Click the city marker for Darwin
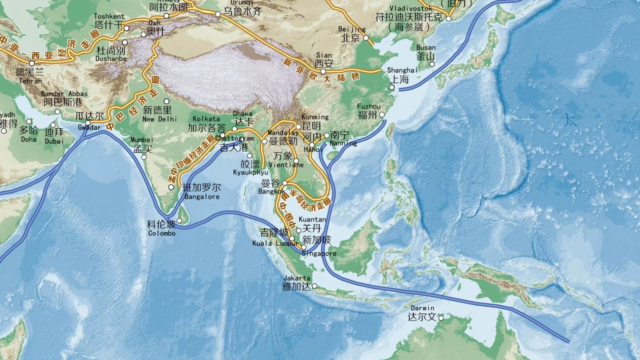[x=441, y=318]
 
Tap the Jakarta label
[x=296, y=278]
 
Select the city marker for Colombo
[x=179, y=220]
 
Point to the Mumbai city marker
[x=144, y=157]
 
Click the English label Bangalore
[x=202, y=197]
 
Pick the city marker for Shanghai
[x=392, y=87]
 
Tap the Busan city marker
[x=432, y=64]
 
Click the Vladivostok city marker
[x=448, y=18]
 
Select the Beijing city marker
[x=366, y=38]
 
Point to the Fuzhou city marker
[x=382, y=114]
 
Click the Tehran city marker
[x=32, y=63]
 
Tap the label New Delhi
[x=159, y=119]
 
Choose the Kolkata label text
[x=206, y=119]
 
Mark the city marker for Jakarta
[x=314, y=286]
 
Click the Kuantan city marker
[x=298, y=230]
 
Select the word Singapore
[x=319, y=254]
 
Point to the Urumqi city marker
[x=218, y=14]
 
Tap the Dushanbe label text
[x=111, y=59]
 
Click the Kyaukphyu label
[x=250, y=172]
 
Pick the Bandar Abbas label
[x=64, y=94]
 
